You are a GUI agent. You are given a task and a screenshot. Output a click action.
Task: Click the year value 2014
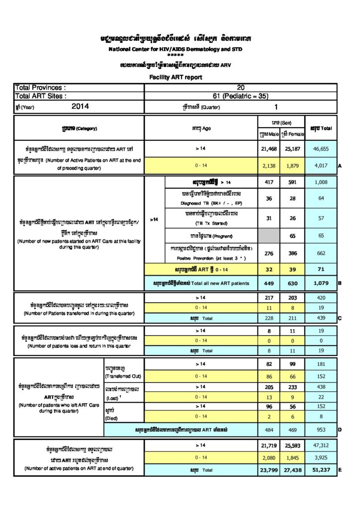coord(80,106)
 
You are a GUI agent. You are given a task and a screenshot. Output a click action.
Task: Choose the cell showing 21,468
coord(269,148)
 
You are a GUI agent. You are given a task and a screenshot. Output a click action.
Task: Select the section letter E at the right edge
coord(339,470)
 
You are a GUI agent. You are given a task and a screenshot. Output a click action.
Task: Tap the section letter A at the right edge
coord(339,166)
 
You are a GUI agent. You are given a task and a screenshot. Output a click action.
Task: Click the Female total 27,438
coord(293,470)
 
